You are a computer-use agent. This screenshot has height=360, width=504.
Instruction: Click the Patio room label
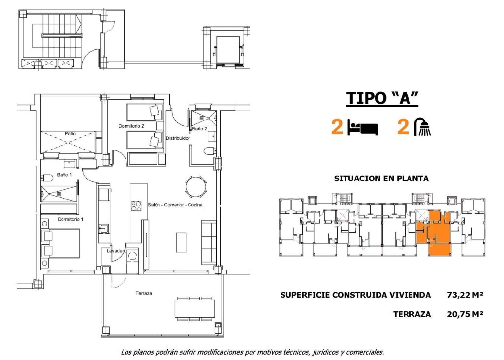(x=69, y=133)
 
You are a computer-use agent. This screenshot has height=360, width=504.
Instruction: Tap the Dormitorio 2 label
(x=131, y=126)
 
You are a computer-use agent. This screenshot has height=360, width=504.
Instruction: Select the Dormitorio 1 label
(x=70, y=219)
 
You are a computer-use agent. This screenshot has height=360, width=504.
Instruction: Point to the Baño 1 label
(x=64, y=175)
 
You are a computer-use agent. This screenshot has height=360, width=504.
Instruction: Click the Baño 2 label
(x=199, y=128)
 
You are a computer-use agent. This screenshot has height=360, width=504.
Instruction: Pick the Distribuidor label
(x=178, y=138)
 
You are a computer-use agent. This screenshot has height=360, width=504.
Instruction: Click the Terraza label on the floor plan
(x=144, y=293)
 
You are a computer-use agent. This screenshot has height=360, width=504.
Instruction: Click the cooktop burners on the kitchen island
(x=136, y=206)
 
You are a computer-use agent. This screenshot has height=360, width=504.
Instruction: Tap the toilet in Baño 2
(x=209, y=151)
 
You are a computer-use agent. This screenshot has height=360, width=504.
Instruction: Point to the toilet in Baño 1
(x=48, y=178)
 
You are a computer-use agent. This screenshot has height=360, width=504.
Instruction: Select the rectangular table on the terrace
(x=195, y=308)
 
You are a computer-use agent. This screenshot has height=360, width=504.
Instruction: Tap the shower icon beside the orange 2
(x=423, y=127)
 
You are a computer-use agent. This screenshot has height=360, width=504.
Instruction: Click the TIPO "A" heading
(x=382, y=98)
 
